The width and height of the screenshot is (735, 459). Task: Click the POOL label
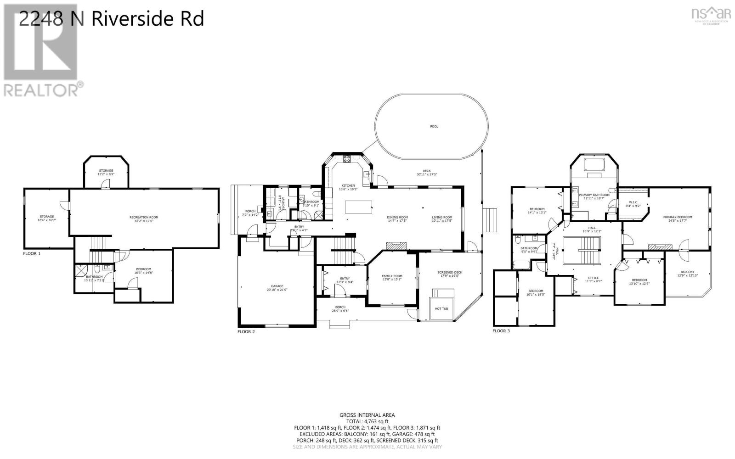(434, 127)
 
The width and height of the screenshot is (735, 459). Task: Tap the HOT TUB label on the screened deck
(441, 308)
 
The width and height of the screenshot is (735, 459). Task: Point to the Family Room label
(392, 277)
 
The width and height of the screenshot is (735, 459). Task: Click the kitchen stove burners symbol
(347, 160)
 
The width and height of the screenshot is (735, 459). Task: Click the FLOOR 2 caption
(246, 331)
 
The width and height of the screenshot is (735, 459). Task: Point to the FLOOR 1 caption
(32, 253)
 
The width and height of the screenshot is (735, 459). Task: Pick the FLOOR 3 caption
(501, 330)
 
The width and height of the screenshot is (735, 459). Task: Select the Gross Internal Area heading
(367, 415)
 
